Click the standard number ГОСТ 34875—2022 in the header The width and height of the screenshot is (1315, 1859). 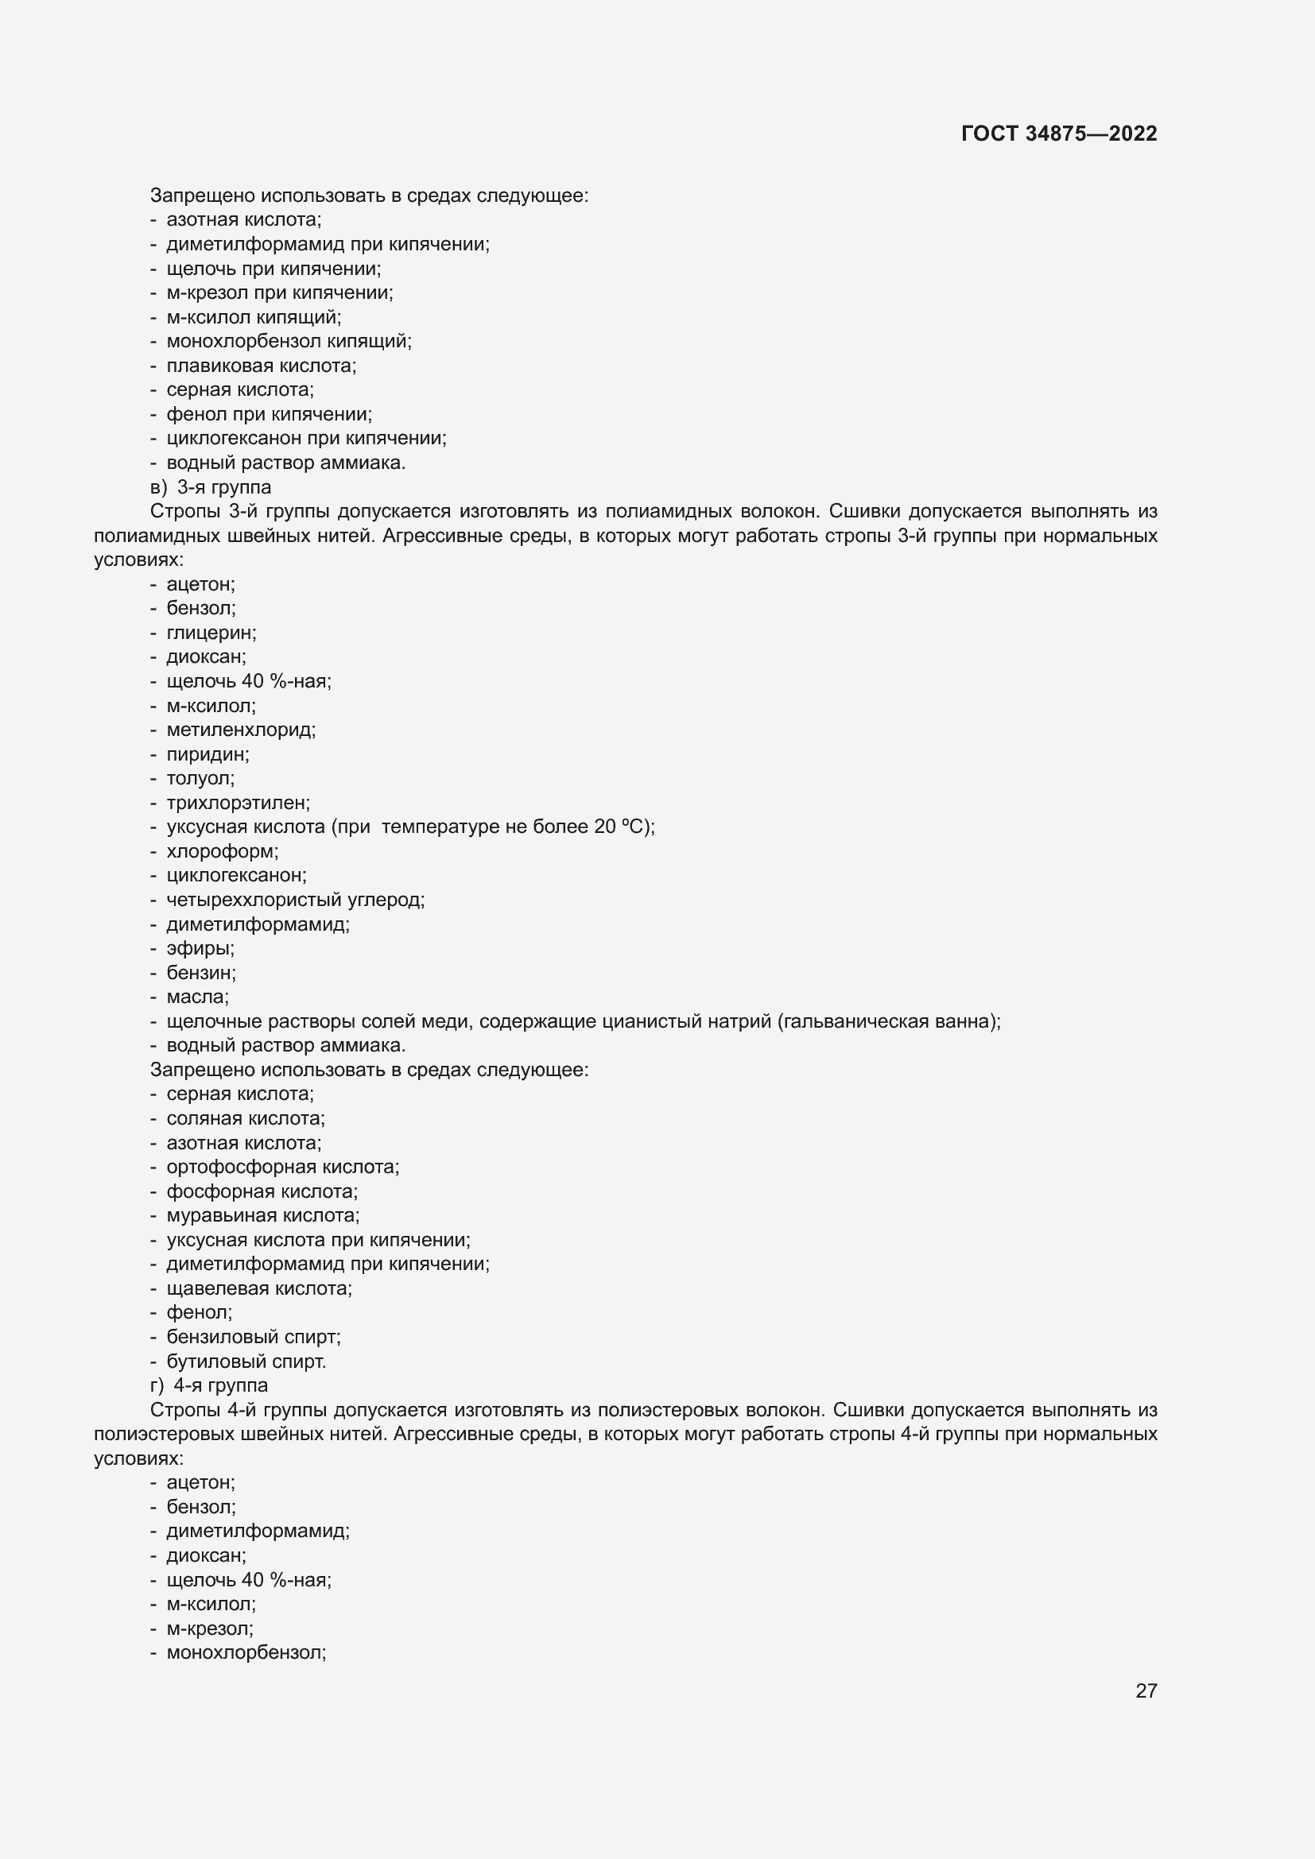[x=1058, y=134]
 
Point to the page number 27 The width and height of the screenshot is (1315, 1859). [x=1146, y=1691]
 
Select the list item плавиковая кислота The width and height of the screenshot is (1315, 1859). [x=261, y=366]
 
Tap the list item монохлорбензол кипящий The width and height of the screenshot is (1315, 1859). [x=289, y=342]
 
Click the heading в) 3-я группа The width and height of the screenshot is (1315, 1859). [x=211, y=487]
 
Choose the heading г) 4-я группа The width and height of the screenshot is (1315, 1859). [x=209, y=1385]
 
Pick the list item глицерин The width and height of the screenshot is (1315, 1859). [x=211, y=633]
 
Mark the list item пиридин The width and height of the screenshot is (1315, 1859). [x=208, y=754]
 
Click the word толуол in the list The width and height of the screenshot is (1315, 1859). [x=200, y=779]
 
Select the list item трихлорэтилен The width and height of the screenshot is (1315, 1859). [x=238, y=804]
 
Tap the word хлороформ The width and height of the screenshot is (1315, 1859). [x=222, y=852]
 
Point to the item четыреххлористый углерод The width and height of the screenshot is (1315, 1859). [x=295, y=900]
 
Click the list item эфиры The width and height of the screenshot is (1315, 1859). [x=200, y=948]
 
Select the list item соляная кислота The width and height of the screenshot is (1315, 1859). [x=246, y=1119]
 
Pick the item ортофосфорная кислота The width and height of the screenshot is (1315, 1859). [x=282, y=1167]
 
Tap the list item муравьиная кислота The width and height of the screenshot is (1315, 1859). [x=262, y=1215]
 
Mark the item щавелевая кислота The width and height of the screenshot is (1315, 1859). [x=259, y=1288]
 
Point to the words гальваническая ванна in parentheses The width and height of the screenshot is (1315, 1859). [x=887, y=1022]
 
